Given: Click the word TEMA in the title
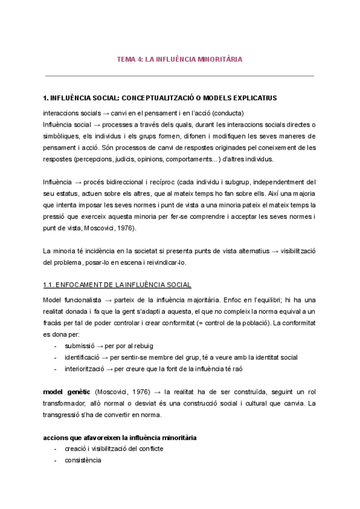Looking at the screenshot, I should coord(126,59).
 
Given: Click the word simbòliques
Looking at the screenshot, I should coord(62,136).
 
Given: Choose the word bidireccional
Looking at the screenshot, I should coord(133,182).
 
